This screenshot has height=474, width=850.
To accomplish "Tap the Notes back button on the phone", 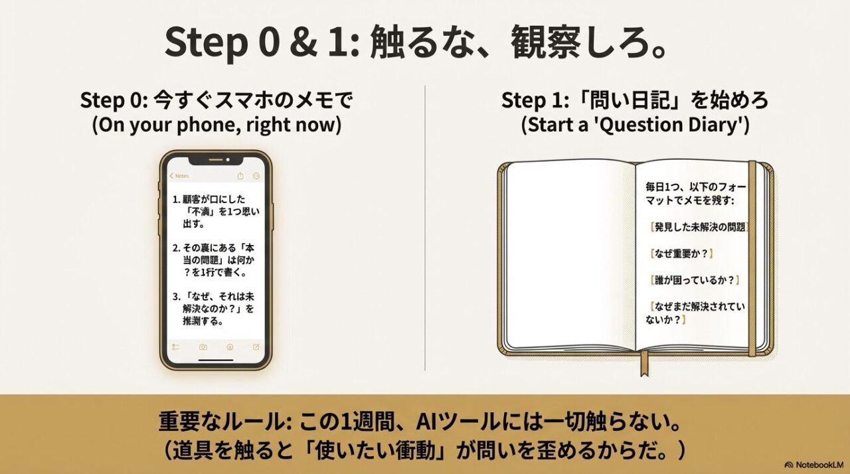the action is pos(179,176).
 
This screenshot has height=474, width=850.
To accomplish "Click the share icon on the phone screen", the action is pos(240,176).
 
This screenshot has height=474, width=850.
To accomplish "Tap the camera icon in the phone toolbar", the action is pos(203,347).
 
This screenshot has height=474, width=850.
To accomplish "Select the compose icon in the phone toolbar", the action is pos(256,347).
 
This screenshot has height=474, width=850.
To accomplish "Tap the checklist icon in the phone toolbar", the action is pos(176,347).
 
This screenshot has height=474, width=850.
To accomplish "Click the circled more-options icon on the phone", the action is pos(256,176).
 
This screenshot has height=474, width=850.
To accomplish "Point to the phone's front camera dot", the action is pos(228,160).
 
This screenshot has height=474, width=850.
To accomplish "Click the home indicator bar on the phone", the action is pos(216,360).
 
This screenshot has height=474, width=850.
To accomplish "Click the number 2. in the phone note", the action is pos(176,248).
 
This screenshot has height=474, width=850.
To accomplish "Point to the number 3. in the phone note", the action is pos(176,297).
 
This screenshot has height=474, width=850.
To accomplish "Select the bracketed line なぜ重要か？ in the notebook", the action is pos(681,254).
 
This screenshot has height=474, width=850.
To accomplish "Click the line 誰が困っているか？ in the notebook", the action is pos(695,280).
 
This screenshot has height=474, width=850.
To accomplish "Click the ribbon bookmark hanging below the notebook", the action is pos(644,363).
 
